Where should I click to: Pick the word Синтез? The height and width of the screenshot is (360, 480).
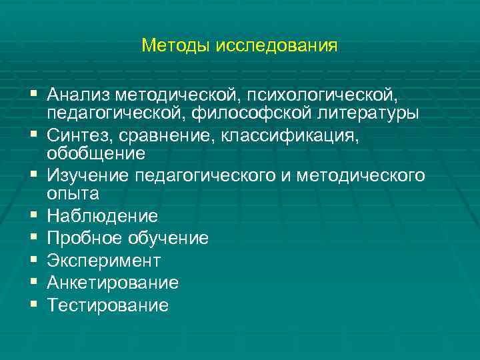click(79, 135)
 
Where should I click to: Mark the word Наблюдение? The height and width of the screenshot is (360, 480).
click(102, 216)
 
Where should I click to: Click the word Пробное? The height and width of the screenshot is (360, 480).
click(83, 238)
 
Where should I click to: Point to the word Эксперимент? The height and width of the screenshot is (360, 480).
click(103, 261)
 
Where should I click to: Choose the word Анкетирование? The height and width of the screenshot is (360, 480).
click(113, 283)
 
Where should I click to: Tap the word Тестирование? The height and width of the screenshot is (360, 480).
click(107, 305)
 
